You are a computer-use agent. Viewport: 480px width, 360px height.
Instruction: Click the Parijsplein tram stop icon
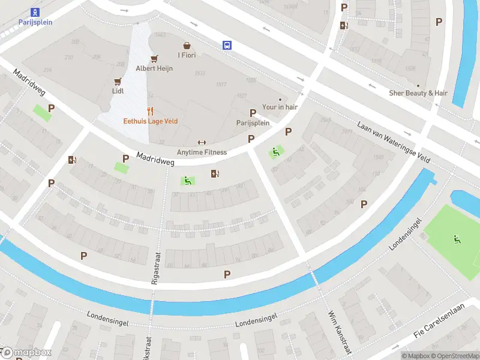(35, 12)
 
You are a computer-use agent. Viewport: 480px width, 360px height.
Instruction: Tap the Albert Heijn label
(154, 68)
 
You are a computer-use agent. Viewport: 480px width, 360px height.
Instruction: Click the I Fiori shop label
(187, 56)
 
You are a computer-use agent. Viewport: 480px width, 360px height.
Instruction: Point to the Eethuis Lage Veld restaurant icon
(151, 111)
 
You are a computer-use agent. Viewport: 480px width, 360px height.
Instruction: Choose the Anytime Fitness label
(202, 152)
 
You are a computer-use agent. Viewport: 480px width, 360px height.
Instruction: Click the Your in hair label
(280, 107)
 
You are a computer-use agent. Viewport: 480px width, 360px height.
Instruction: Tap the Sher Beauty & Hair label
(418, 93)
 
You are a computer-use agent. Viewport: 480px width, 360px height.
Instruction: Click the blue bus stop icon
(227, 45)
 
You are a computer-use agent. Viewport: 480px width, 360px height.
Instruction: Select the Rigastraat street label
(154, 267)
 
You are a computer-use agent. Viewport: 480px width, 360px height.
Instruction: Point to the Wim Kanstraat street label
(339, 332)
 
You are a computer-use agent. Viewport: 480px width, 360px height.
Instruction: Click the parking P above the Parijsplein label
(253, 113)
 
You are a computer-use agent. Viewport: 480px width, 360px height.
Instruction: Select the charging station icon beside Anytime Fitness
(215, 174)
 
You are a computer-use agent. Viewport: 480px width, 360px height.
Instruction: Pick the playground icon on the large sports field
(457, 239)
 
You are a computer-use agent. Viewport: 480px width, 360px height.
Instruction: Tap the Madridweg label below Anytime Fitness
(155, 158)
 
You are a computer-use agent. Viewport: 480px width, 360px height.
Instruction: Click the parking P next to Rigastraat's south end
(227, 274)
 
